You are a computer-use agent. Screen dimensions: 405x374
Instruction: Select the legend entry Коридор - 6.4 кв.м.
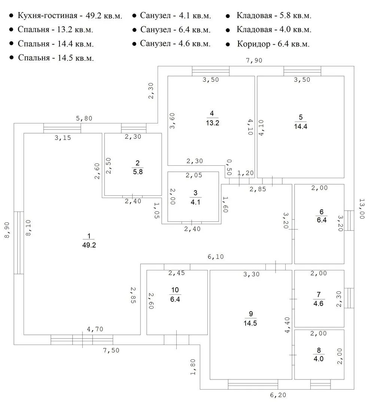pyautogui.click(x=273, y=44)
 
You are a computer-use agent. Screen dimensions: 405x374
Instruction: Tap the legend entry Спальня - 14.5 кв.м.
pyautogui.click(x=56, y=58)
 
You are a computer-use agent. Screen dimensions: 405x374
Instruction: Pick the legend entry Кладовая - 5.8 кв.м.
pyautogui.click(x=274, y=16)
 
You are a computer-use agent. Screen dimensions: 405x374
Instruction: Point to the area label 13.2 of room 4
pyautogui.click(x=212, y=122)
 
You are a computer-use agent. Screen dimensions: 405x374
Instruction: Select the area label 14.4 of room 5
pyautogui.click(x=301, y=126)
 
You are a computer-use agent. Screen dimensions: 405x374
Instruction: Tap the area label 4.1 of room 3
pyautogui.click(x=195, y=201)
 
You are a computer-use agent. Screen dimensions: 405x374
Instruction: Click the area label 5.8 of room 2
pyautogui.click(x=137, y=172)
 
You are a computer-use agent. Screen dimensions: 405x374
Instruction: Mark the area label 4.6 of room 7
pyautogui.click(x=318, y=303)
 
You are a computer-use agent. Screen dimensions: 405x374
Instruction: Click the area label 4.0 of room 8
pyautogui.click(x=319, y=358)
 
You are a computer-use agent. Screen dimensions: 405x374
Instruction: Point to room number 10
pyautogui.click(x=175, y=289)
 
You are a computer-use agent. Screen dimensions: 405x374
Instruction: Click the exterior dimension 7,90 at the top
pyautogui.click(x=254, y=61)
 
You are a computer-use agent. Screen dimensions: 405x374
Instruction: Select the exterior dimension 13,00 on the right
pyautogui.click(x=362, y=209)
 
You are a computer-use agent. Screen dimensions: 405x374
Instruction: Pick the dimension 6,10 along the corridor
pyautogui.click(x=216, y=257)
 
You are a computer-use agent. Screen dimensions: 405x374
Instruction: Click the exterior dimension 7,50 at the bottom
pyautogui.click(x=111, y=350)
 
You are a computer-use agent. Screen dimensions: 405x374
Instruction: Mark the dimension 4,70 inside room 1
pyautogui.click(x=95, y=329)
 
